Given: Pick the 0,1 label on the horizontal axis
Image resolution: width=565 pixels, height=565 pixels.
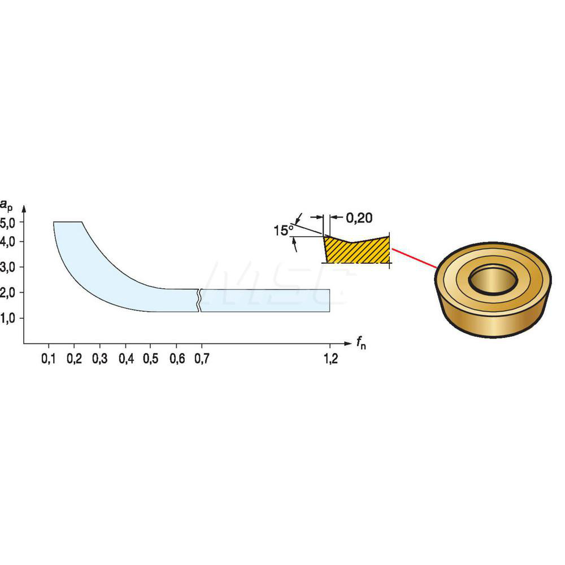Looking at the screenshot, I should coord(49,360).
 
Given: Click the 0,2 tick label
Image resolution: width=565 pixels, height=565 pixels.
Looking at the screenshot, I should coord(74,360).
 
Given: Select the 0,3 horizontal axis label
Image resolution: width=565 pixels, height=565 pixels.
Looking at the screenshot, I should coord(99,360).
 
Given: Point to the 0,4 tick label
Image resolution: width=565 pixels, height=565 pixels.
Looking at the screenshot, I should coord(125,360).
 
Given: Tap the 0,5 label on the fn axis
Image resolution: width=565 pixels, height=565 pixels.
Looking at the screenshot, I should coord(150,360).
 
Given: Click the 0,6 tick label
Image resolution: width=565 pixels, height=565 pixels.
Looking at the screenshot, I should coord(176,360).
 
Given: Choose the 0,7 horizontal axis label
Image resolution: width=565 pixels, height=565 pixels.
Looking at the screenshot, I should coord(201,360).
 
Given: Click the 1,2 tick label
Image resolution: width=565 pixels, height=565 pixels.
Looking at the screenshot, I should coord(330,360).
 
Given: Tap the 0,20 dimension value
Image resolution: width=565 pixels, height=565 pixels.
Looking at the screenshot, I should coord(359,217).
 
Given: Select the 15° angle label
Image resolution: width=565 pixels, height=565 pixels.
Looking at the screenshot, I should coord(282,231).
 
